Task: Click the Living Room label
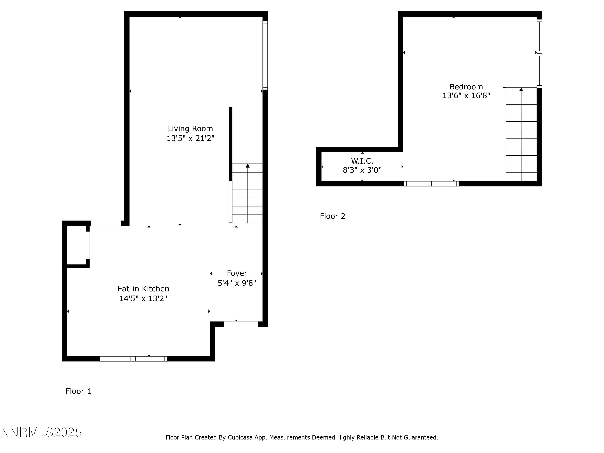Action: point(190,129)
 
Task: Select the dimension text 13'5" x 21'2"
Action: point(190,138)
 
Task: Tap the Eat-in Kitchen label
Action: point(143,289)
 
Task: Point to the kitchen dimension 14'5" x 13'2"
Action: point(143,298)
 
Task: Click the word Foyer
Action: point(237,273)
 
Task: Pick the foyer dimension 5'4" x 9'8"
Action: point(237,283)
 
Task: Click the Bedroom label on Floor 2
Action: point(466,87)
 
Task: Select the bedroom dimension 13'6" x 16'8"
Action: point(466,96)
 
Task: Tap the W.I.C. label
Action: point(362,161)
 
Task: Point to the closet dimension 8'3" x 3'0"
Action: point(362,170)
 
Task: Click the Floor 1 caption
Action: point(78,391)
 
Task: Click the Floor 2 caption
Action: point(332,216)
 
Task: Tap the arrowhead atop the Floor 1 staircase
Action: point(247,166)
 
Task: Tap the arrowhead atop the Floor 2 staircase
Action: point(521,90)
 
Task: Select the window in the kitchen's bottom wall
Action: point(133,359)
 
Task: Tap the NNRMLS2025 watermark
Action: point(41,432)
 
